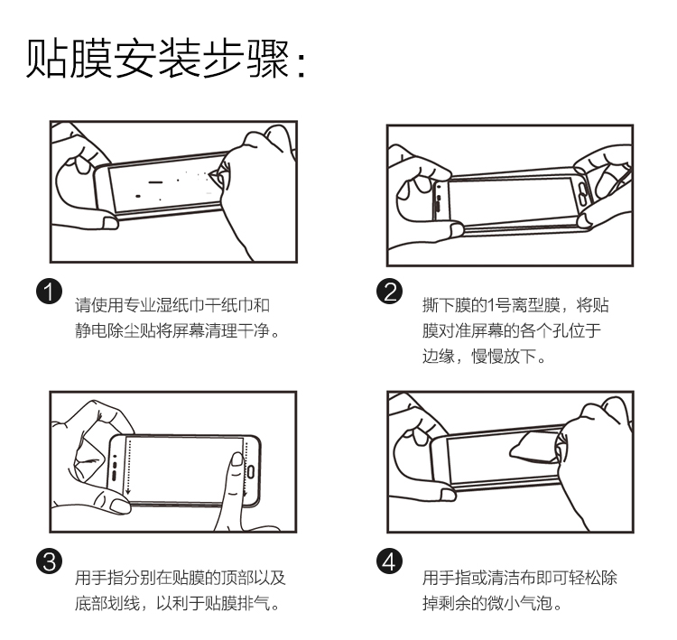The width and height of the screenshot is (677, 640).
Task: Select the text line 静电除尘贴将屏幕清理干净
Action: (177, 331)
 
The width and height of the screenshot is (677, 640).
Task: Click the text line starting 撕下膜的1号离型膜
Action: (521, 305)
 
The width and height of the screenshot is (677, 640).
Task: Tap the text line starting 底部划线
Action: (176, 602)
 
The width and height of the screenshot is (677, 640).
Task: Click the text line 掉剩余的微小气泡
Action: (493, 602)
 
